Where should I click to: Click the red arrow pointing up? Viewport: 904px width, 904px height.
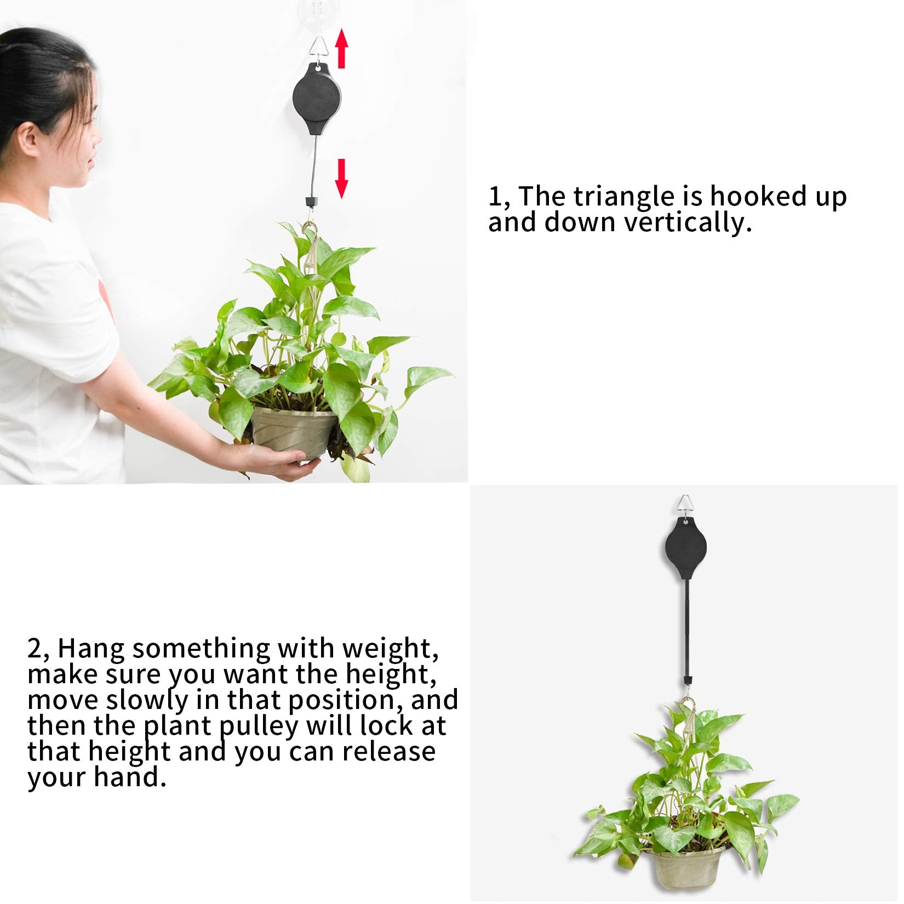(342, 49)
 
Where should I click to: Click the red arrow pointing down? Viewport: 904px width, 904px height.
(342, 178)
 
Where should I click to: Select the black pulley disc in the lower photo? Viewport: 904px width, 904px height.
(683, 553)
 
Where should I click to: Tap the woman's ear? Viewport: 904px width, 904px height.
(32, 142)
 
